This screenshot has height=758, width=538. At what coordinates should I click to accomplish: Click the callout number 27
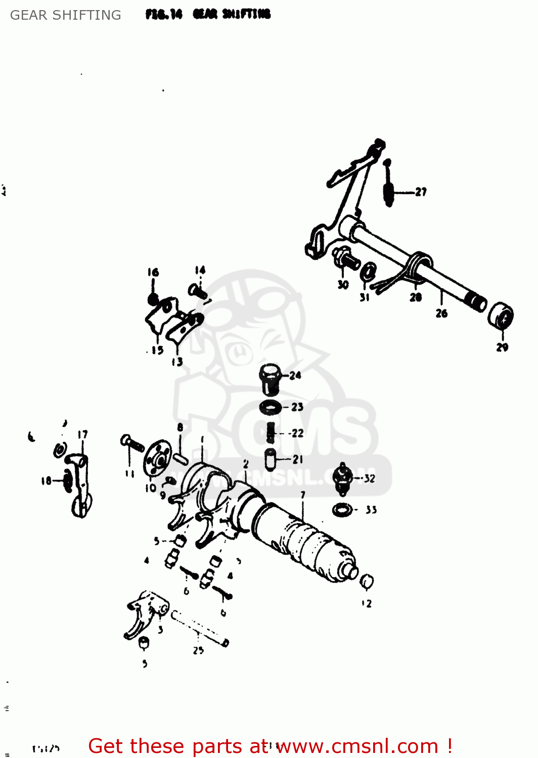[x=421, y=192]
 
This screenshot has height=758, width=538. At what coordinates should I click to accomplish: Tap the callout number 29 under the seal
[x=502, y=347]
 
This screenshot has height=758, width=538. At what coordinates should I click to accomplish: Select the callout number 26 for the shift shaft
[x=441, y=313]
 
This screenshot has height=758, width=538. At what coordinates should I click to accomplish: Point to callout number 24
[x=295, y=375]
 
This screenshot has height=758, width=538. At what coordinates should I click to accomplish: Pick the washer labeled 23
[x=271, y=406]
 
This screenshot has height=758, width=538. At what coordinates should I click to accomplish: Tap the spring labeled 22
[x=271, y=432]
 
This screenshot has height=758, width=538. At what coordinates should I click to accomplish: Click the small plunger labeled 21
[x=271, y=459]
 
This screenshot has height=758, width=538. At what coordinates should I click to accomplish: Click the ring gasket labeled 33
[x=342, y=509]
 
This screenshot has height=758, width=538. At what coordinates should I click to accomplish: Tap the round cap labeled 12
[x=367, y=582]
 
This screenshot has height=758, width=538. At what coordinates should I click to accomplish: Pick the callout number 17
[x=82, y=435]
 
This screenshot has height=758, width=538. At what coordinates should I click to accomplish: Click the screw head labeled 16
[x=153, y=298]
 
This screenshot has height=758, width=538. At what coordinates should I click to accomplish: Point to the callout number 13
[x=177, y=362]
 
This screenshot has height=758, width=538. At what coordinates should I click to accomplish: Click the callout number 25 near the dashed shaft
[x=198, y=650]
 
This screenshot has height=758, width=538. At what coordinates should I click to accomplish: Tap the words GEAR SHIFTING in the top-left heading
[x=66, y=15]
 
